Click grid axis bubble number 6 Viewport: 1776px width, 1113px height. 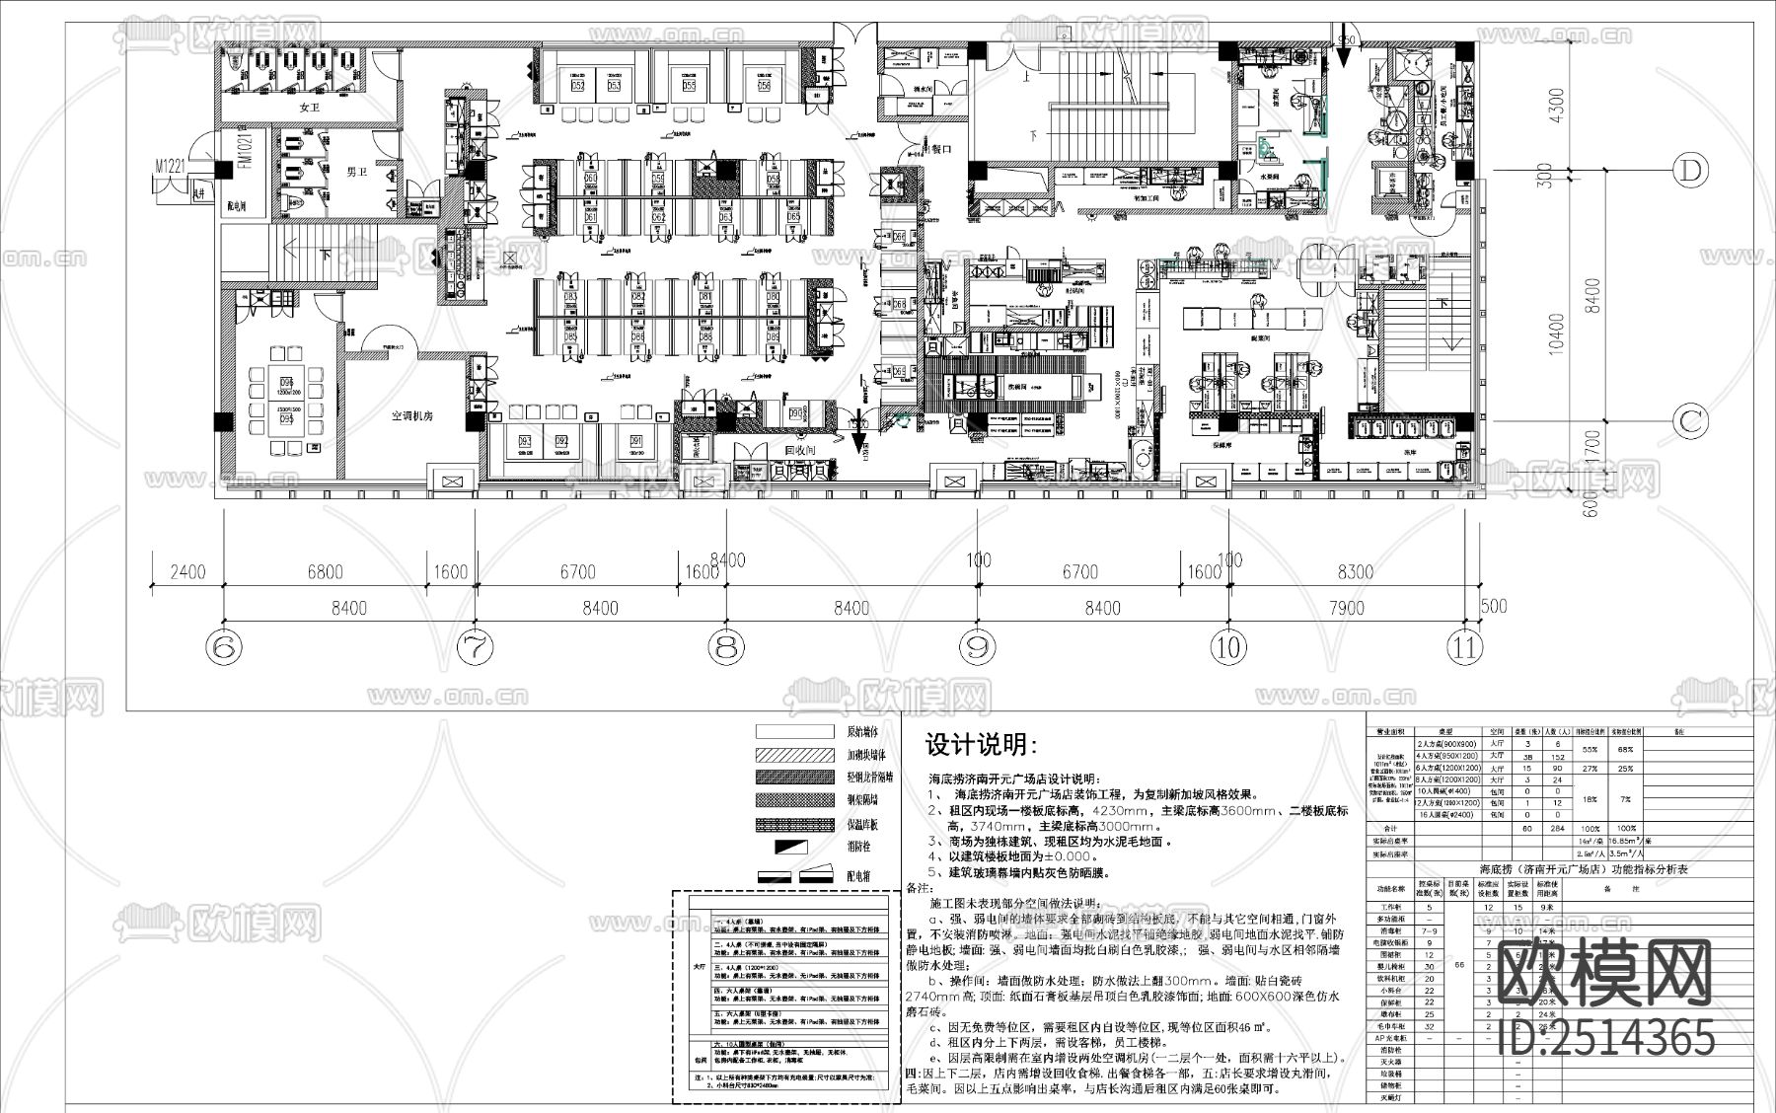(224, 647)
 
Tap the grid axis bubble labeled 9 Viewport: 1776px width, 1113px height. (978, 647)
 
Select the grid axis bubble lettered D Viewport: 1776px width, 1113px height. (1691, 171)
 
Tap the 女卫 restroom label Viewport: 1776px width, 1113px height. (311, 107)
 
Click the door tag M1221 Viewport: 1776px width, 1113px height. (174, 169)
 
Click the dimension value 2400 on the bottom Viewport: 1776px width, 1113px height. (186, 572)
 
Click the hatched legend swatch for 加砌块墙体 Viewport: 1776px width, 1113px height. (795, 755)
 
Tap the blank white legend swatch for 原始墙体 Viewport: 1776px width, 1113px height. (795, 732)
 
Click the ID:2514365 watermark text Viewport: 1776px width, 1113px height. (1606, 1039)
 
